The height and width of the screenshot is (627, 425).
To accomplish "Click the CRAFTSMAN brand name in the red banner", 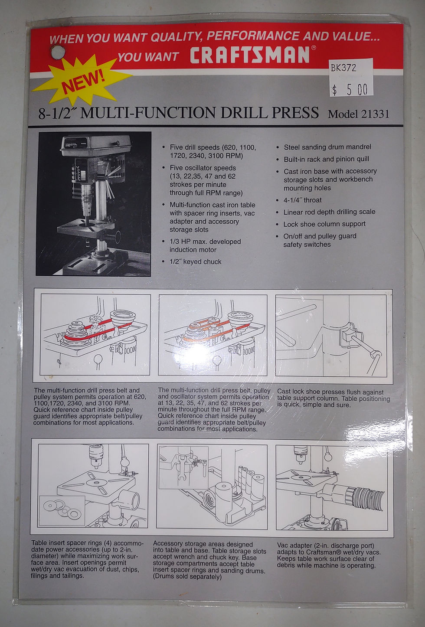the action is point(250,55).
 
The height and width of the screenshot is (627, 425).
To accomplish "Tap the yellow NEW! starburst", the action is point(81,80).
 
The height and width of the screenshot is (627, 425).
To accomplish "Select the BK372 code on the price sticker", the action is point(343,68).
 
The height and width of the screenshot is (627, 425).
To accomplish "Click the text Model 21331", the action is point(358,114).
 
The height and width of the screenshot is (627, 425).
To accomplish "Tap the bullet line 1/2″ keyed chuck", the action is point(196,262).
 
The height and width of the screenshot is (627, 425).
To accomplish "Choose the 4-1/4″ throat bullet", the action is point(302,200).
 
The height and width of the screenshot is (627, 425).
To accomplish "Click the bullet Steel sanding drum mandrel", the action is point(327,147).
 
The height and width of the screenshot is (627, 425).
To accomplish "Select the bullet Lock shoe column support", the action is point(324,224).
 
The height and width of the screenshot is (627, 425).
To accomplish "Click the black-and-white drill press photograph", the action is point(94,204).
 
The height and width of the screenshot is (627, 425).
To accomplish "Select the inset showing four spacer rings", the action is point(62,511).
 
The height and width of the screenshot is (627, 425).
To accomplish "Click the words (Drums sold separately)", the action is point(187,577).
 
